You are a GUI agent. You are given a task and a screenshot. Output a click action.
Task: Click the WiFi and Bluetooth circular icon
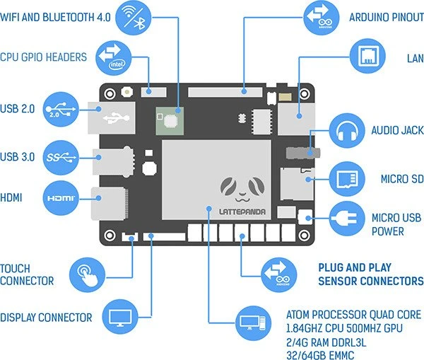(x=133, y=18)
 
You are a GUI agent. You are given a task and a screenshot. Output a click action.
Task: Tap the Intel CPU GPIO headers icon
(x=113, y=58)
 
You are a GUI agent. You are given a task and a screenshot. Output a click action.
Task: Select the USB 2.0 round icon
(x=61, y=110)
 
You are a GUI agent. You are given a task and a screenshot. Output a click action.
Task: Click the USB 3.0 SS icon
(x=61, y=158)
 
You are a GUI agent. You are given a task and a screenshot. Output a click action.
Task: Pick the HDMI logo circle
(x=61, y=198)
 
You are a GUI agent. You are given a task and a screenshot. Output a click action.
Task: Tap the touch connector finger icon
(x=87, y=275)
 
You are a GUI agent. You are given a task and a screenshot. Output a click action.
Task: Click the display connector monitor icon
(x=120, y=317)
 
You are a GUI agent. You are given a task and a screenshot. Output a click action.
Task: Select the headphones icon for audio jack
(x=347, y=131)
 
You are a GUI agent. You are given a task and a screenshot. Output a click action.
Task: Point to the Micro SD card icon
(x=347, y=179)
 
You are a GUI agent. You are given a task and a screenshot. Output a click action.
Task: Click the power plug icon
(x=347, y=219)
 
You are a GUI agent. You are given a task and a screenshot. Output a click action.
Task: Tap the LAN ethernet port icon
(x=367, y=57)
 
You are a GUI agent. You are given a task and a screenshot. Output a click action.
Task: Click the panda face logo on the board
(x=242, y=190)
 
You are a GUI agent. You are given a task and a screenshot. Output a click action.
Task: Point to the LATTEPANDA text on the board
(x=242, y=211)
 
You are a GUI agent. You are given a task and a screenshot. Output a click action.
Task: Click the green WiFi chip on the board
(x=170, y=121)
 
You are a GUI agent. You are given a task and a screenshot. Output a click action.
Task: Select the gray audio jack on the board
(x=303, y=153)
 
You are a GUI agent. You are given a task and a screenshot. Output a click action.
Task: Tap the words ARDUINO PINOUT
(x=387, y=18)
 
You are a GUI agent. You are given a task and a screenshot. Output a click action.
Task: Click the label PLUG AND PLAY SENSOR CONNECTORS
(x=371, y=274)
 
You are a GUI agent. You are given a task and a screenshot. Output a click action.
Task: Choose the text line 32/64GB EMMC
(x=320, y=355)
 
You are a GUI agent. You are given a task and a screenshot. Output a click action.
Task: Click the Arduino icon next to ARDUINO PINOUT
(x=322, y=18)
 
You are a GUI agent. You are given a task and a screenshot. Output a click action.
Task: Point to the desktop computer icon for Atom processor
(x=253, y=323)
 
